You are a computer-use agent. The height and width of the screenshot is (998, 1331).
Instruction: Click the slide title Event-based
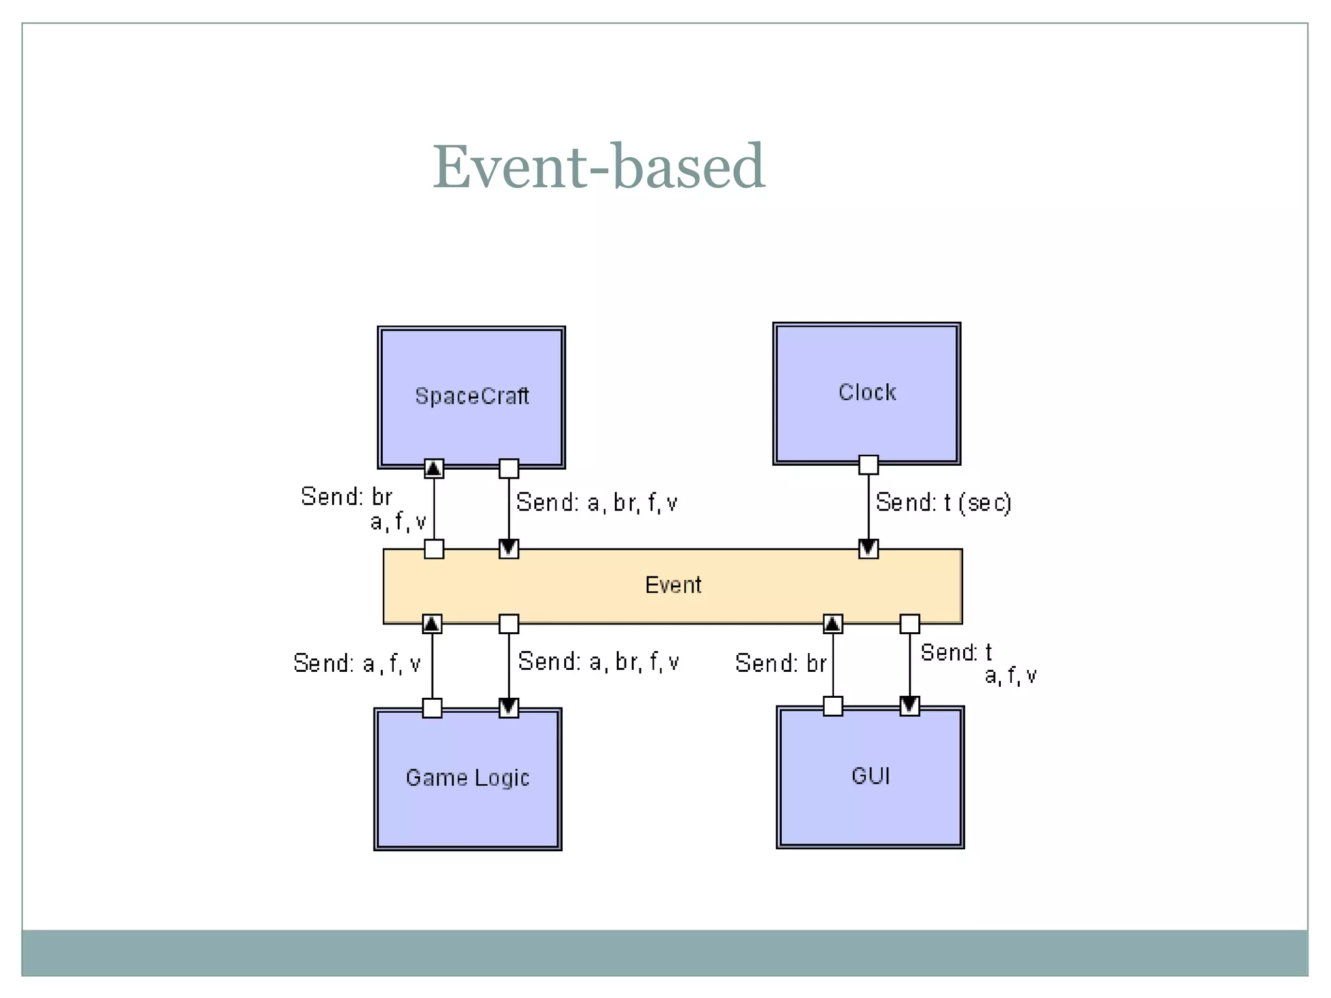[599, 167]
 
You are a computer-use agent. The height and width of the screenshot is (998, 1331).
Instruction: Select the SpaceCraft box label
[472, 396]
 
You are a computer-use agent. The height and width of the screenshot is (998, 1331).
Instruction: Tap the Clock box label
[867, 392]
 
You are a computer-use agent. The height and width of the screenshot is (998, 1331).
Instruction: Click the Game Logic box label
[467, 777]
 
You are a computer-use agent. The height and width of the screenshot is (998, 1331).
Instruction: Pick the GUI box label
[870, 776]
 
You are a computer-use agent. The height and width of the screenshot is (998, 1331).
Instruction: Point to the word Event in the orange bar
[673, 585]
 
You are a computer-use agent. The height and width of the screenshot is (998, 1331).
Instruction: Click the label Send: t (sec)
[943, 502]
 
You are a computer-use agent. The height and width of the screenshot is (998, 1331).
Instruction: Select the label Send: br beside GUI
[781, 663]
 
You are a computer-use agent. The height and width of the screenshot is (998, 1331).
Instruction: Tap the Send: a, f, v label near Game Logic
[357, 663]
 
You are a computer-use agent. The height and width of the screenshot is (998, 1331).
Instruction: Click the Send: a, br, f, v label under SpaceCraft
[597, 502]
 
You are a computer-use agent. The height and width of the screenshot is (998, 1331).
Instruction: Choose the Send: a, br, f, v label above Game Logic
[598, 661]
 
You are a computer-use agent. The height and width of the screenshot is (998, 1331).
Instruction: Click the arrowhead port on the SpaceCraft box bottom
[434, 468]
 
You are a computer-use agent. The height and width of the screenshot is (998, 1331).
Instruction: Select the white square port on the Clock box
[868, 465]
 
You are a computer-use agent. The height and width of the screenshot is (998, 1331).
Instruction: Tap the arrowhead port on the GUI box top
[909, 706]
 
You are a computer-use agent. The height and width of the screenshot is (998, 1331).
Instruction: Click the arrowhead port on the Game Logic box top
[508, 708]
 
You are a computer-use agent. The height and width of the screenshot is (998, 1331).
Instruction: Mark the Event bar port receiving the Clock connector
[868, 549]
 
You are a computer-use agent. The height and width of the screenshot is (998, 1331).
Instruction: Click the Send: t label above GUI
[956, 652]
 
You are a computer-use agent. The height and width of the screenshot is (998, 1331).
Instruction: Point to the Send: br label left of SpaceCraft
[346, 496]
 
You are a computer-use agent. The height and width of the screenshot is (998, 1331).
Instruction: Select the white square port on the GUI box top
[833, 706]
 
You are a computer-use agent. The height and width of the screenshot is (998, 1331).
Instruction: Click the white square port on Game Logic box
[432, 708]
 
